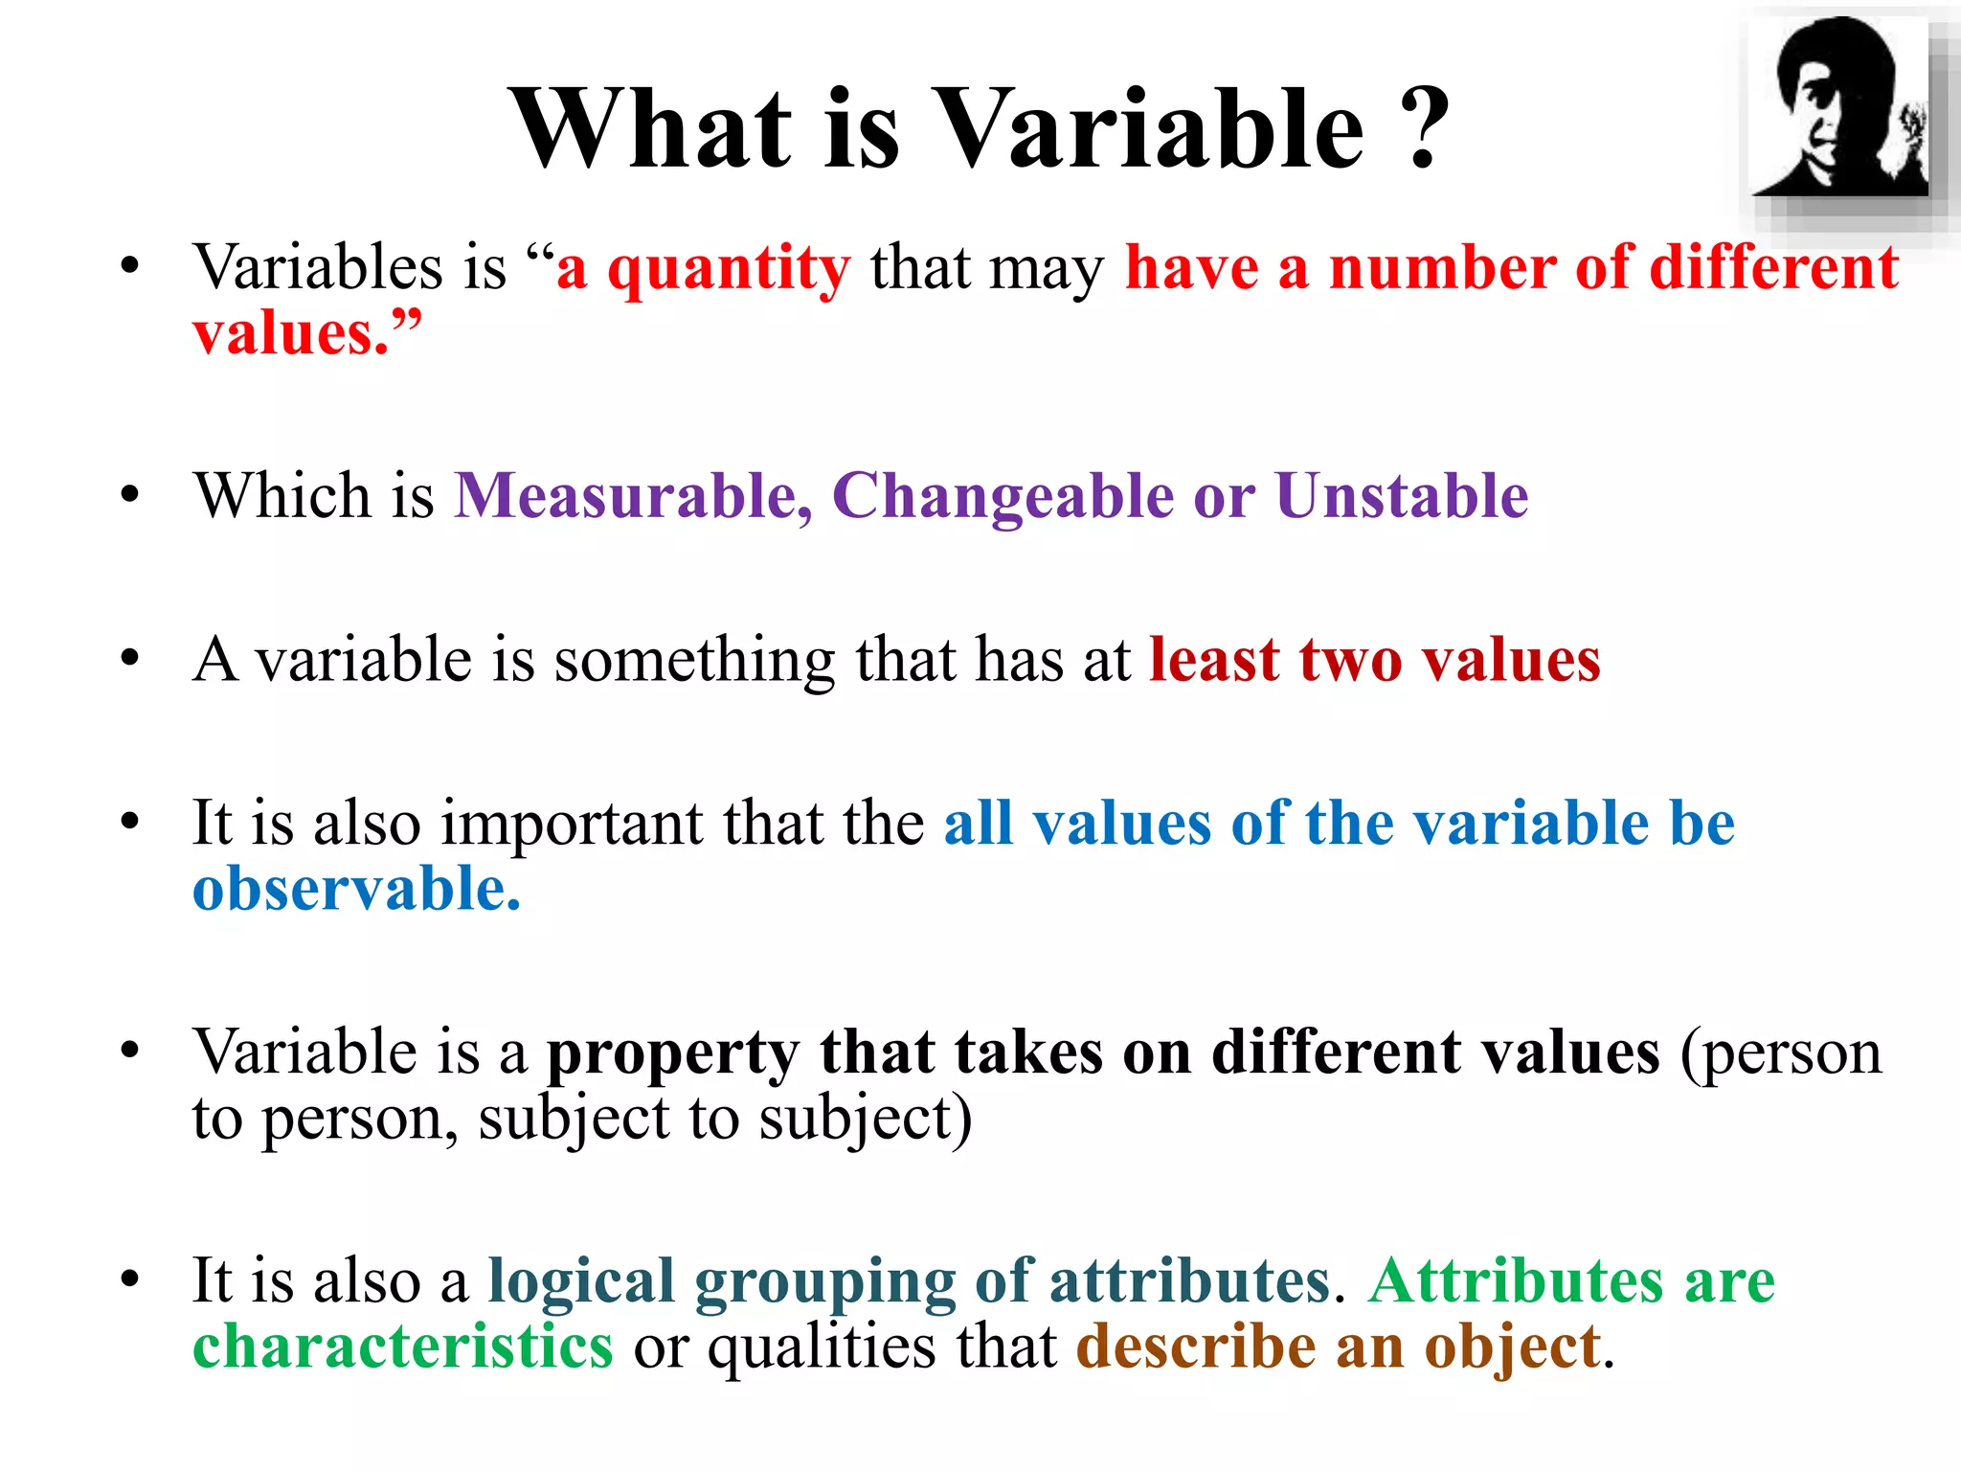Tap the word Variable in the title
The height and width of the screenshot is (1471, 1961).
click(1148, 129)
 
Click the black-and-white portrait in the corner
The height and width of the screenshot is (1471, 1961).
click(1838, 107)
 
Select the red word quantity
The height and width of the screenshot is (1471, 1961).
click(729, 270)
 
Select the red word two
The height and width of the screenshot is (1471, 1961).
click(1350, 660)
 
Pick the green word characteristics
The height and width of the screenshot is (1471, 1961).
click(402, 1347)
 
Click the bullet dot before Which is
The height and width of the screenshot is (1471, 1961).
click(130, 495)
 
